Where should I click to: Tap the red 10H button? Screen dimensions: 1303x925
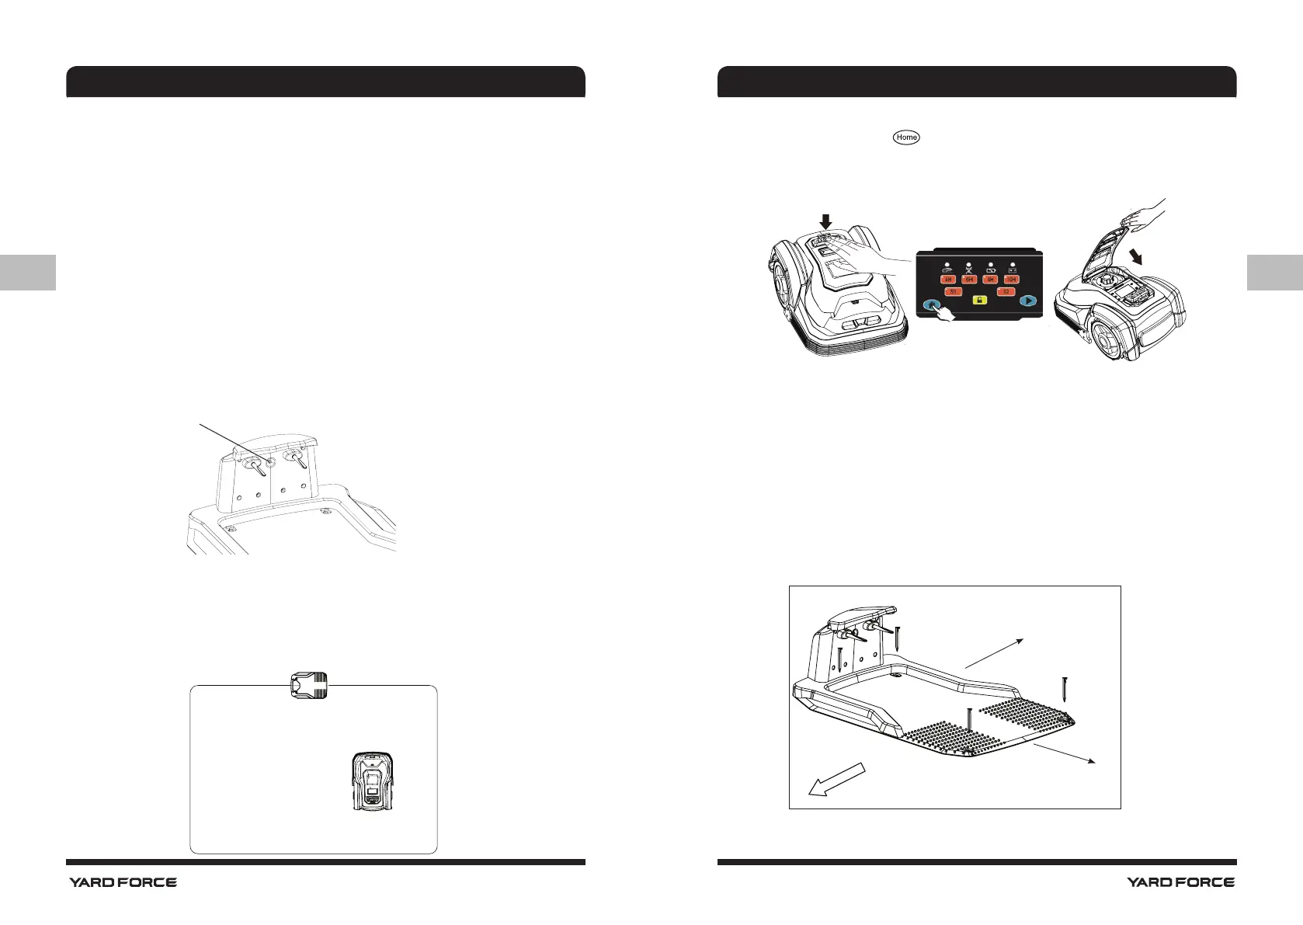[x=1010, y=280]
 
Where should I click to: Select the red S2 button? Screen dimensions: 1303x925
[x=1006, y=292]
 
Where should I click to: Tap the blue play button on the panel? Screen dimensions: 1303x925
[x=1027, y=301]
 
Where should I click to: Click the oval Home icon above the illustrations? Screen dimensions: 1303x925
[x=906, y=137]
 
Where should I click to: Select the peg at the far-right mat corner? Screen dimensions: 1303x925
[x=1065, y=689]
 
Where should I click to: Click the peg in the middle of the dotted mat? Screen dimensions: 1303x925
[x=970, y=722]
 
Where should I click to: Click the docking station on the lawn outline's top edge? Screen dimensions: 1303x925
[x=308, y=685]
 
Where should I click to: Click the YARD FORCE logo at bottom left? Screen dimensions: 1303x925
[x=123, y=882]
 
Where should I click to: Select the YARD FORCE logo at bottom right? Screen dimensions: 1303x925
[x=1180, y=882]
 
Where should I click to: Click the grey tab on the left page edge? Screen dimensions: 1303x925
[x=28, y=272]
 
